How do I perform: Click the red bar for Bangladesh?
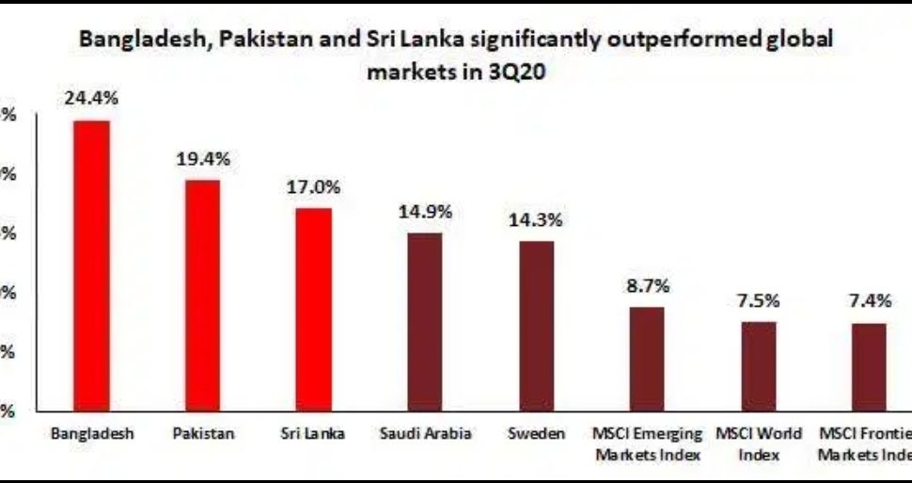click(92, 266)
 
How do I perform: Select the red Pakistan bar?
click(202, 295)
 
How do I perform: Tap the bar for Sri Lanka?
click(313, 309)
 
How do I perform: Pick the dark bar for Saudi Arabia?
click(424, 321)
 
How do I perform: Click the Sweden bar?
click(536, 326)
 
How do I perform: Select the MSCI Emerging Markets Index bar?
click(647, 359)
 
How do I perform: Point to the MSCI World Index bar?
click(758, 366)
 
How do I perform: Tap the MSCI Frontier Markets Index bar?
click(869, 367)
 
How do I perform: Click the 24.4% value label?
click(91, 97)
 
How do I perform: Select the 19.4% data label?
click(203, 158)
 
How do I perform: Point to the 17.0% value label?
click(313, 186)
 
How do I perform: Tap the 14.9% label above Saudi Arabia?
click(425, 212)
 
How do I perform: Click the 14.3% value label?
click(536, 219)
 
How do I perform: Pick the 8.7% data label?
click(647, 285)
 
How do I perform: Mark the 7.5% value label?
click(758, 300)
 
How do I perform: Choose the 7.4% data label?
click(869, 301)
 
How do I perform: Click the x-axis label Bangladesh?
click(92, 434)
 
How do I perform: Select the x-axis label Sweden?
click(536, 434)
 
